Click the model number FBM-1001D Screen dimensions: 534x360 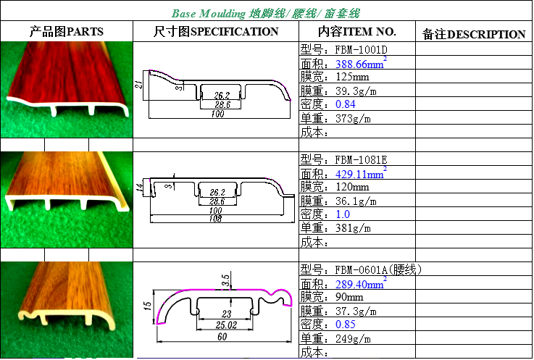(361, 50)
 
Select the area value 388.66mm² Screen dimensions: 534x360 (361, 63)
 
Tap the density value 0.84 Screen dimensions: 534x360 (346, 104)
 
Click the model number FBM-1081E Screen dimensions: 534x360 (361, 160)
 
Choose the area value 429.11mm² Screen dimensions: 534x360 (361, 173)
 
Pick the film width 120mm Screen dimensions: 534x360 (352, 187)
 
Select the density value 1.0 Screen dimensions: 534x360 (343, 214)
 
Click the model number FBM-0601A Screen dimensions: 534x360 (361, 269)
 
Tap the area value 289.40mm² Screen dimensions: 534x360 (361, 283)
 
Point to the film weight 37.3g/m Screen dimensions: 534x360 (356, 311)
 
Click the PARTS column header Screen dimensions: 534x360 (85, 32)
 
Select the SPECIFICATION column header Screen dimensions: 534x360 (234, 32)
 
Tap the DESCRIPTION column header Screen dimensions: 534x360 (486, 34)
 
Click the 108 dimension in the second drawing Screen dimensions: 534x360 (215, 218)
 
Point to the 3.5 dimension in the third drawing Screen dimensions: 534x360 (225, 280)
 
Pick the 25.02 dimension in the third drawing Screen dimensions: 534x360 (226, 325)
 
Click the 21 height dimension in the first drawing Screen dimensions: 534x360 (139, 84)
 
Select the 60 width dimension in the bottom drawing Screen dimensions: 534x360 (222, 337)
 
